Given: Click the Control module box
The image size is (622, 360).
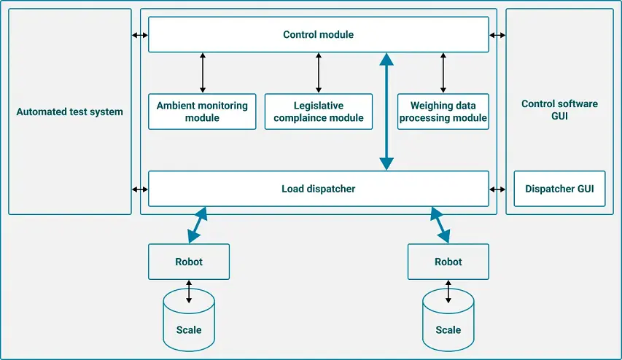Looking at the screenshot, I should coord(318,34).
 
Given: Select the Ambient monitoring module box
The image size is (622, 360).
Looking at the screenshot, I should coord(202,111).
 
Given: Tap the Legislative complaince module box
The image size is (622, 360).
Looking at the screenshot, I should coord(318,111).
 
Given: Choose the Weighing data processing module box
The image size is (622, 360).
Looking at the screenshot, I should coord(443,111).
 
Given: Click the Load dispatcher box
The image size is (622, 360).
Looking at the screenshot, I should coord(318,189).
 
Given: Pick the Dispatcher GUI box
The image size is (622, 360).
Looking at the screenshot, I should coord(559,189).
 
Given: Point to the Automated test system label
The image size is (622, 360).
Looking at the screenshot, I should coord(70,111).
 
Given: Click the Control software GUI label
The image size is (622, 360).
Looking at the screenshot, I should coord(559,110).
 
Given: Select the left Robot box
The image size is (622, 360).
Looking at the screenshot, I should coord(189,262).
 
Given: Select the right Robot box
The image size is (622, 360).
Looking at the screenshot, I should coord(448,262).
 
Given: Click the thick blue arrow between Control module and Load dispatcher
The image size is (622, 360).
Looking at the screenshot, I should coord(386,111).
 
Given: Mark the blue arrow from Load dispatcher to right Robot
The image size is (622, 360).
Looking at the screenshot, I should coord(440,224).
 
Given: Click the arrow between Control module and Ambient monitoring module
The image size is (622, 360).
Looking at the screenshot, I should coord(202,73).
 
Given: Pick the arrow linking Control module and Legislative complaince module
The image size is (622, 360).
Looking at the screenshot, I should coord(318,73).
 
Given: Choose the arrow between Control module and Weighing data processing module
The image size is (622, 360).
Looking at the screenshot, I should coord(443,73).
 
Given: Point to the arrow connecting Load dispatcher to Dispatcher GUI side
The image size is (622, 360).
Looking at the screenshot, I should coord(497,189).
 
